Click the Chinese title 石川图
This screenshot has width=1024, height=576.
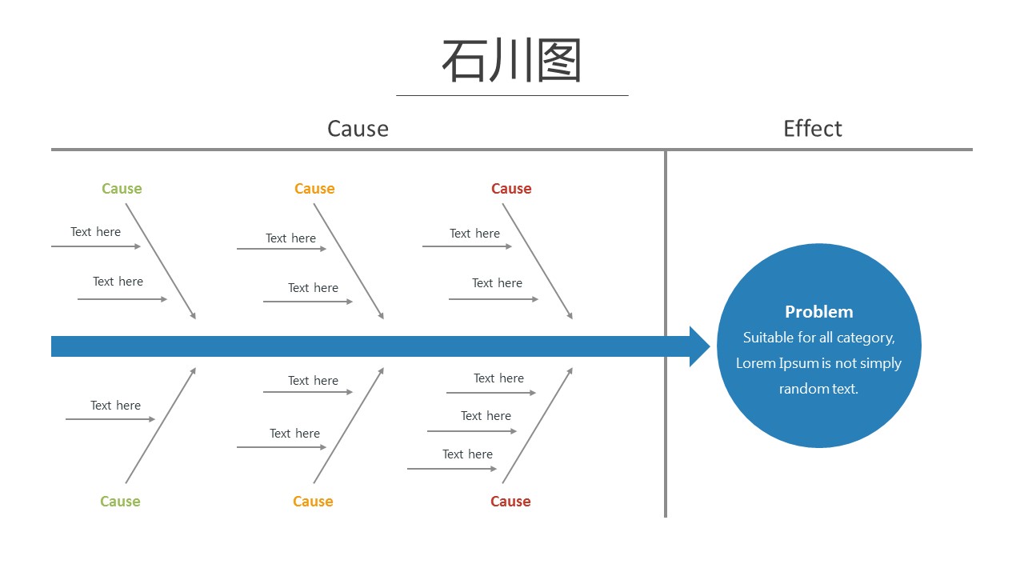tap(511, 60)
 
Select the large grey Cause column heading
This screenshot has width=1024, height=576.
tap(358, 129)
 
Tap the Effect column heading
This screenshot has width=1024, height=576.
tap(812, 129)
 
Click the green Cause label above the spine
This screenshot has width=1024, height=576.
tap(122, 188)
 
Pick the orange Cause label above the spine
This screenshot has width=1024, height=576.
tap(314, 188)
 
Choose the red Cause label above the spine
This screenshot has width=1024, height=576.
tap(511, 188)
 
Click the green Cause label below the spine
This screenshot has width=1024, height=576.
tap(120, 501)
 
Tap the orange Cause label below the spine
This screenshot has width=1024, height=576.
tap(313, 501)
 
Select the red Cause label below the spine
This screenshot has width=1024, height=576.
tap(510, 501)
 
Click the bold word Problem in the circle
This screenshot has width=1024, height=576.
tap(818, 312)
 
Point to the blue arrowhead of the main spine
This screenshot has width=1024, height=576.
tap(699, 346)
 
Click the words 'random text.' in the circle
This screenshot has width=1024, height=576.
tap(818, 389)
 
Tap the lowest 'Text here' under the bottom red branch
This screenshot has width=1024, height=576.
tap(467, 454)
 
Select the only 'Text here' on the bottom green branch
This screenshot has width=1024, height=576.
tap(115, 405)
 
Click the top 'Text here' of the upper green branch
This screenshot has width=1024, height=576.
tap(95, 232)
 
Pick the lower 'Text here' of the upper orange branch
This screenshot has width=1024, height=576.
tap(313, 287)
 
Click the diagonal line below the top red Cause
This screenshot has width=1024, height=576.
tap(538, 261)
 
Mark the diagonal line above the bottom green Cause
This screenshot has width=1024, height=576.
tap(161, 426)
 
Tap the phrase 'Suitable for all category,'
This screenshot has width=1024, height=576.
tap(818, 338)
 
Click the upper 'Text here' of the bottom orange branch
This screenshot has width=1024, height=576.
tap(313, 380)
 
